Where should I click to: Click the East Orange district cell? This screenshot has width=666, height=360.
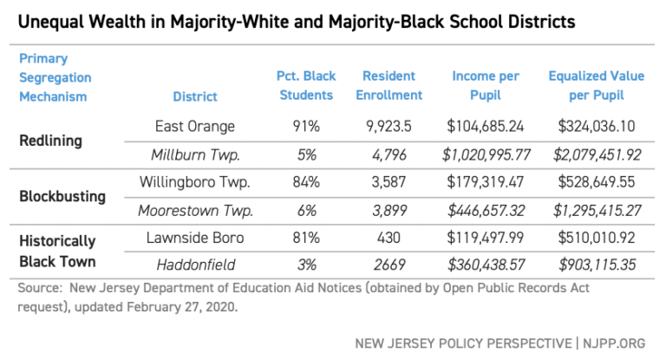coord(195,127)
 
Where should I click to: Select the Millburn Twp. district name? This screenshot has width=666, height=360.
coord(195,155)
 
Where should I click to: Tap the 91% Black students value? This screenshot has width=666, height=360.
coord(306,127)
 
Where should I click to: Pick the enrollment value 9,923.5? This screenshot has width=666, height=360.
coord(395,127)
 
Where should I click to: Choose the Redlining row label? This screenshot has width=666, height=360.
coord(51,141)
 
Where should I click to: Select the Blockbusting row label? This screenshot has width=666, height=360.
coord(62,196)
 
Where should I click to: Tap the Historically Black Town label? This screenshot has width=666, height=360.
coord(57,251)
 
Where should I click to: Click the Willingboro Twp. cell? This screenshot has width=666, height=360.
coord(195,183)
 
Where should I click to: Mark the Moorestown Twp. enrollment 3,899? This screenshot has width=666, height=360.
coord(395,211)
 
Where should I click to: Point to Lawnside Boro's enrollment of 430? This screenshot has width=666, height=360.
coord(395,239)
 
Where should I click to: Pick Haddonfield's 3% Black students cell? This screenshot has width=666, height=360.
coord(306,266)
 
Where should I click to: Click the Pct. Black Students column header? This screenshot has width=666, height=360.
coord(306,86)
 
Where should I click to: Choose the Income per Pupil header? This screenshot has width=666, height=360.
coord(486,86)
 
